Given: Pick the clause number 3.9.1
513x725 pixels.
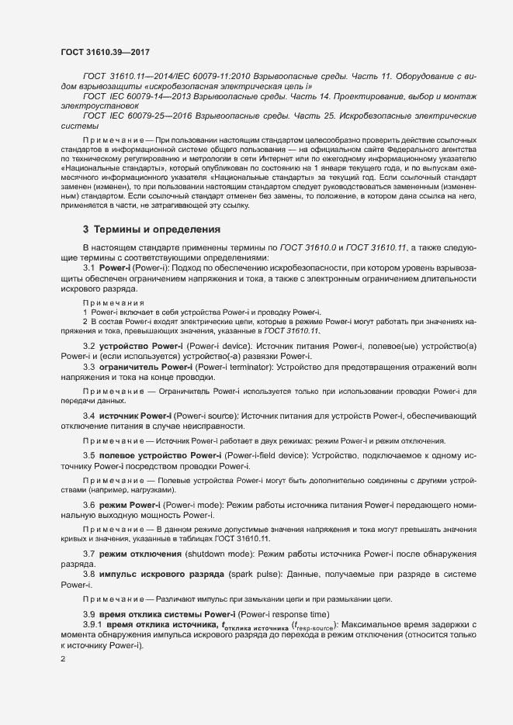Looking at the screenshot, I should coord(92,625).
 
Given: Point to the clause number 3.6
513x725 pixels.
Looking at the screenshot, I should coord(88,505).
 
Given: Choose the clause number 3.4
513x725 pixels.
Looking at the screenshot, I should coord(88,416).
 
